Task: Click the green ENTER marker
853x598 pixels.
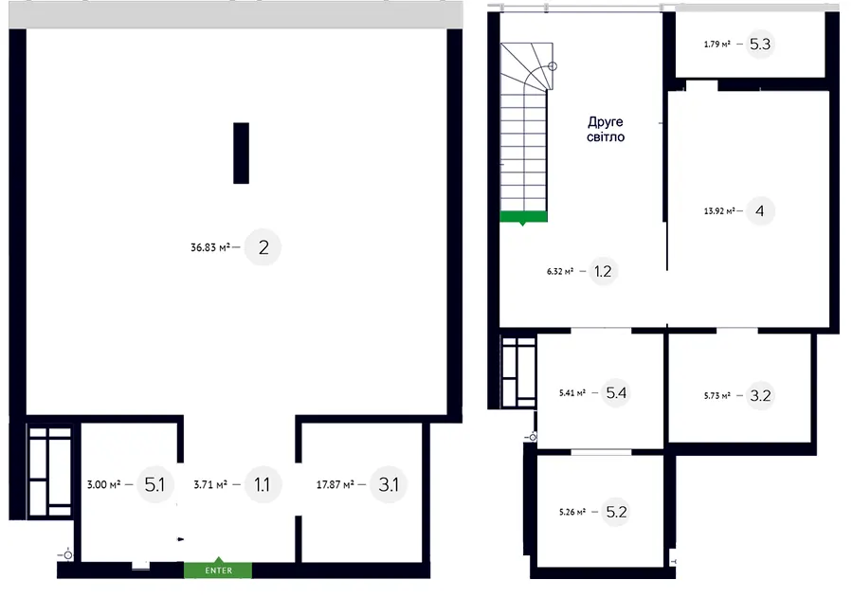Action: pyautogui.click(x=218, y=569)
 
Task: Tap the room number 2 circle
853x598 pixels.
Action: pyautogui.click(x=263, y=247)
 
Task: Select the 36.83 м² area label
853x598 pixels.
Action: pyautogui.click(x=210, y=247)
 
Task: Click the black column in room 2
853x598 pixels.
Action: pyautogui.click(x=241, y=153)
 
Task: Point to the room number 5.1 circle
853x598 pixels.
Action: pyautogui.click(x=155, y=483)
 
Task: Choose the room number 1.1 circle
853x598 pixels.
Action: pyautogui.click(x=263, y=483)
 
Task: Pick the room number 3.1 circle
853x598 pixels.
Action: pyautogui.click(x=389, y=483)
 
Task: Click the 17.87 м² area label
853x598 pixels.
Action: pyautogui.click(x=336, y=484)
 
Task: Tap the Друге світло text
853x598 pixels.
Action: pyautogui.click(x=605, y=130)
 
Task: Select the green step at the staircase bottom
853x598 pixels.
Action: pyautogui.click(x=523, y=217)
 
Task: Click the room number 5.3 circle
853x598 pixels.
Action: pyautogui.click(x=760, y=45)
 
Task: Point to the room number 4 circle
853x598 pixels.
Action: pyautogui.click(x=760, y=210)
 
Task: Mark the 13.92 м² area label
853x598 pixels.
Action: pyautogui.click(x=719, y=211)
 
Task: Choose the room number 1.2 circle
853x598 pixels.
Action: pyautogui.click(x=603, y=271)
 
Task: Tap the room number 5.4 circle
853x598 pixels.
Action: pyautogui.click(x=616, y=392)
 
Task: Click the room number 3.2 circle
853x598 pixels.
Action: pyautogui.click(x=760, y=395)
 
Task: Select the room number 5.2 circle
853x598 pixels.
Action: pyautogui.click(x=616, y=512)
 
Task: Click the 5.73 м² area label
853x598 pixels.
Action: pyautogui.click(x=717, y=396)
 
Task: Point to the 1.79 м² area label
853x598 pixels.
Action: pyautogui.click(x=717, y=45)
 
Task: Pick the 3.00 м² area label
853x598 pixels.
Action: pyautogui.click(x=104, y=484)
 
